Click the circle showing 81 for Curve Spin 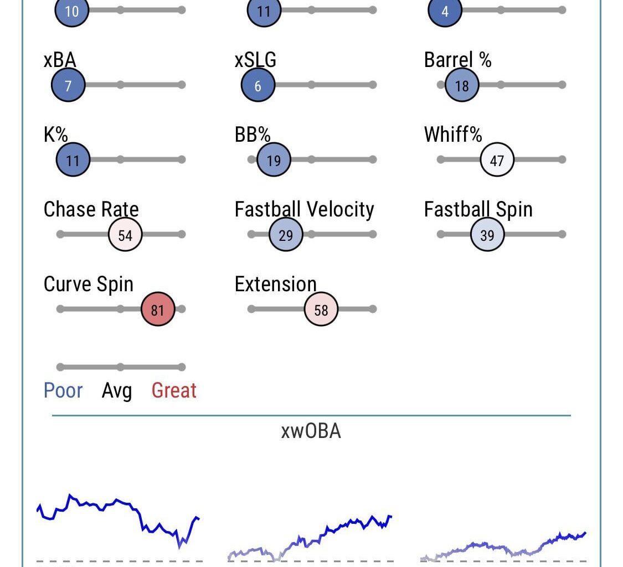coord(158,310)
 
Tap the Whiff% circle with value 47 coord(497,160)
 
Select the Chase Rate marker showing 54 coord(125,235)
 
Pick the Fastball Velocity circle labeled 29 coord(286,235)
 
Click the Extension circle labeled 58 coord(321,310)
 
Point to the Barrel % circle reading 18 coord(461,85)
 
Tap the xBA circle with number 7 coord(68,85)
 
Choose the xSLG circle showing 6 coord(258,85)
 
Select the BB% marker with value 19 coord(274,160)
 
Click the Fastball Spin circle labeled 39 coord(487,235)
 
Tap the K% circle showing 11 coord(73,160)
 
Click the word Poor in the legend coord(63,390)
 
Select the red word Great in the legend coord(174,390)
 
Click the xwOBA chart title coord(311,431)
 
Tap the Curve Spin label coord(89,284)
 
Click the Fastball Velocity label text coord(304,209)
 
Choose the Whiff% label coord(453,135)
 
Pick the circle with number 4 coord(445,11)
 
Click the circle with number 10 coord(72,11)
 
